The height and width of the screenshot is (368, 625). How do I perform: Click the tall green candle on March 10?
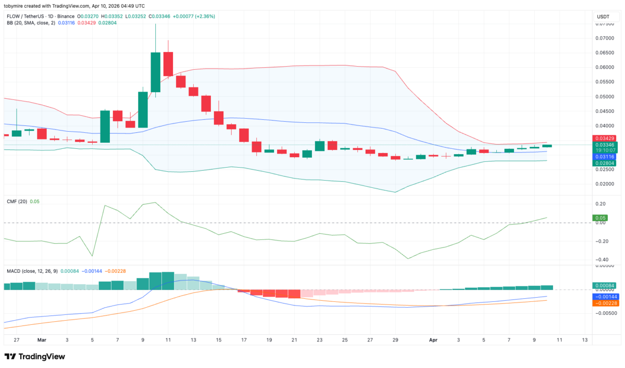[155, 72]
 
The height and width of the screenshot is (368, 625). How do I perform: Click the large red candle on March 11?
[168, 64]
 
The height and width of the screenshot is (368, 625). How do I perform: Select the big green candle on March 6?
[105, 126]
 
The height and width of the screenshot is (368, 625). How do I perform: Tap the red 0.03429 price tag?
[604, 137]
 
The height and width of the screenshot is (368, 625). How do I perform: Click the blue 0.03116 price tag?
[604, 156]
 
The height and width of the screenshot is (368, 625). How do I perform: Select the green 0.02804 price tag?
[604, 163]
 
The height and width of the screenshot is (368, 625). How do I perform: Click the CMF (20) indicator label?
[17, 201]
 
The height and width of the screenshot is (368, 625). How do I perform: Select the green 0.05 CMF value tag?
[600, 218]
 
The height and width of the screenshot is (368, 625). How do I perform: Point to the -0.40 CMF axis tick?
[600, 260]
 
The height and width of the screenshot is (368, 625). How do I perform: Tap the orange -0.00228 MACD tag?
[605, 302]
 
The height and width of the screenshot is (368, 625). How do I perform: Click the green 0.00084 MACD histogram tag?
[604, 286]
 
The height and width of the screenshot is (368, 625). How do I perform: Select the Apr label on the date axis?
[433, 339]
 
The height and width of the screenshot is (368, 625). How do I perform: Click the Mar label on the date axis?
[42, 339]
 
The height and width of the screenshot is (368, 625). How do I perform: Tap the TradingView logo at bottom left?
[34, 357]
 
